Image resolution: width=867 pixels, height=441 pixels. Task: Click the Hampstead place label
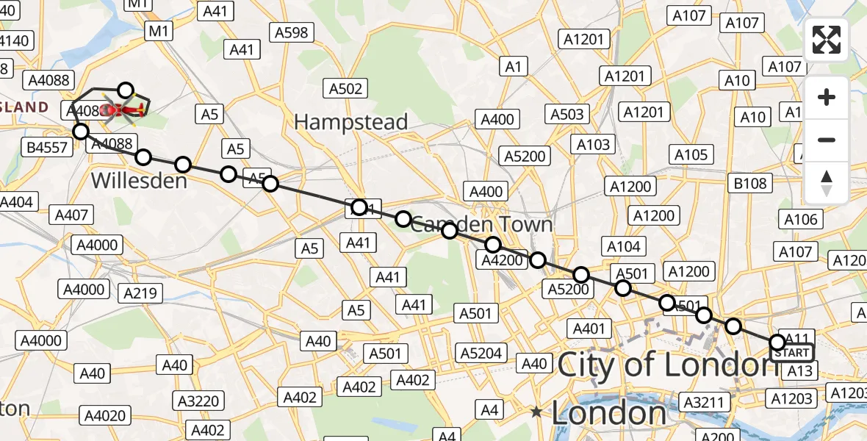coord(350,122)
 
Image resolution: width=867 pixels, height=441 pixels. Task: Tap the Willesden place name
coord(139,180)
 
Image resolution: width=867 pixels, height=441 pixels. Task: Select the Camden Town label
coord(481,224)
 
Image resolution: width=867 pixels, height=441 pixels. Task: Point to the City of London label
coord(667,365)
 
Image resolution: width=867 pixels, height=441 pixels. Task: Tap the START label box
coord(792,354)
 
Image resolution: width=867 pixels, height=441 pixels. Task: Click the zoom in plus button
coord(827,97)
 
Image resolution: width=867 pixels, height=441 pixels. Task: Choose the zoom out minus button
coord(827,140)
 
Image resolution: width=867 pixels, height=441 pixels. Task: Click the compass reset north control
coord(827,182)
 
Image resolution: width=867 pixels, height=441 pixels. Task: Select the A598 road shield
coord(292,32)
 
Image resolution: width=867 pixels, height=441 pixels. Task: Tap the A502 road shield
coord(345,89)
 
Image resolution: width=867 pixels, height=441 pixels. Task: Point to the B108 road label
coord(750,184)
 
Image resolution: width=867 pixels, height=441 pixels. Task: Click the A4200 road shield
coord(503,259)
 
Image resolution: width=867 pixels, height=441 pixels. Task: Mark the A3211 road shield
coord(706,402)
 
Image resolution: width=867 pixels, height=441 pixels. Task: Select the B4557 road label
coord(47,148)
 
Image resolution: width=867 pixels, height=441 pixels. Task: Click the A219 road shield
coord(140,294)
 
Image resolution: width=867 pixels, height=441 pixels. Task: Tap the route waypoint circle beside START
coord(777,342)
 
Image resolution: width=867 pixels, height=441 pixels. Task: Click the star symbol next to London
coord(537,412)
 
